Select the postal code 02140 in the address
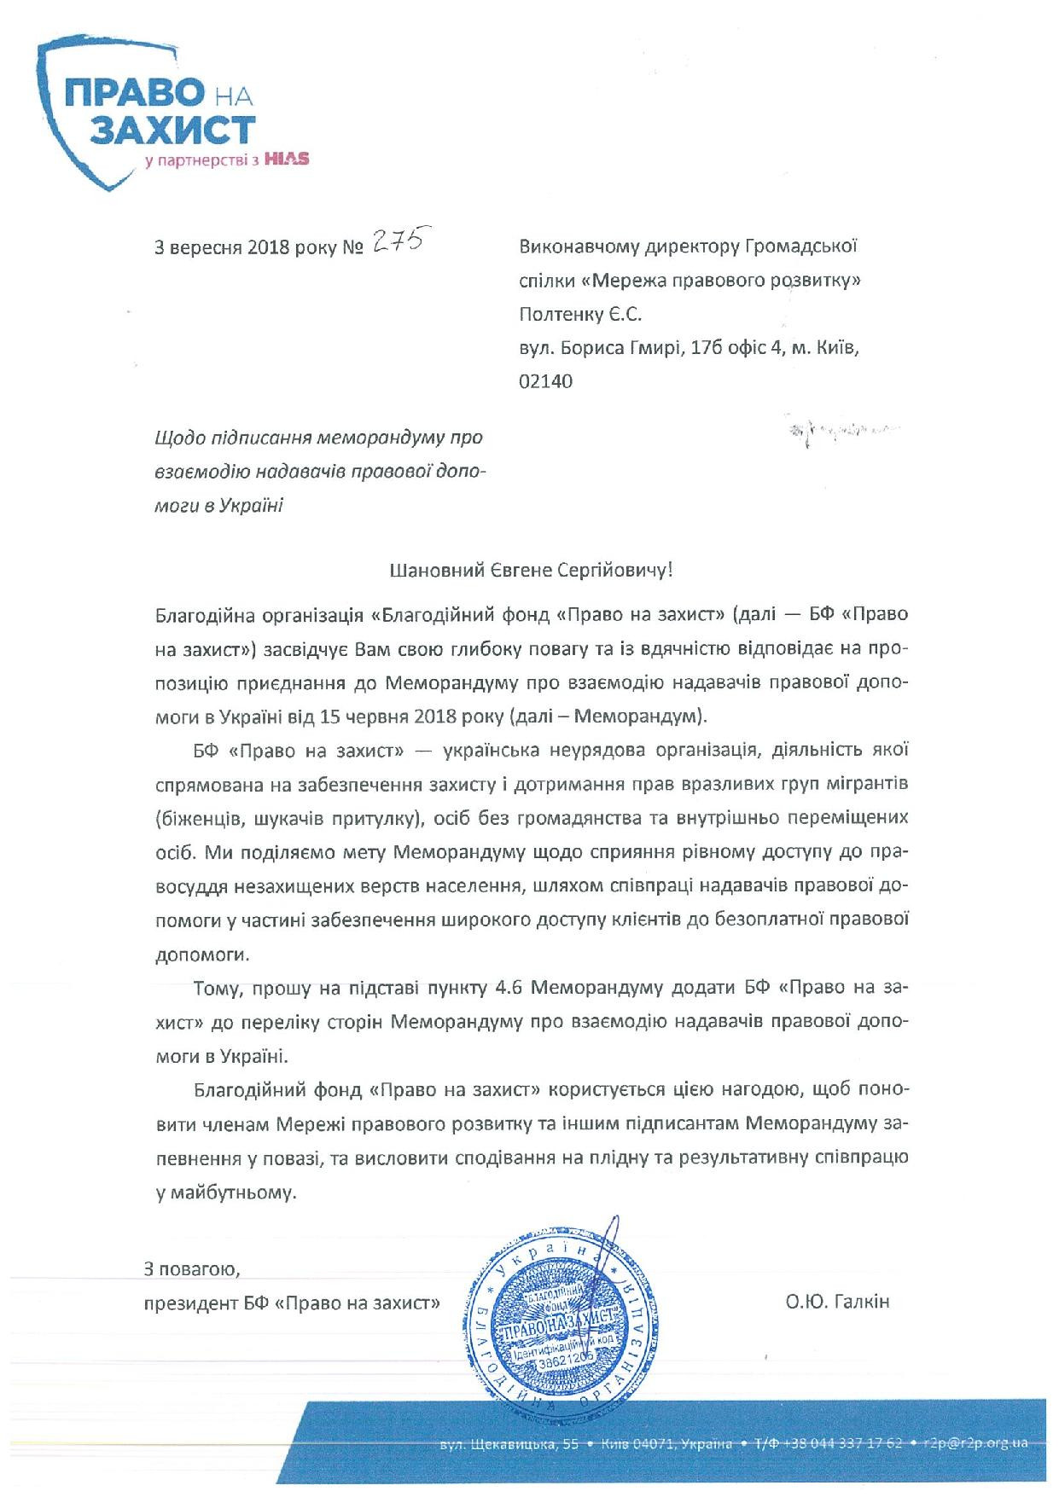545,381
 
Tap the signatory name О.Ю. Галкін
838,1302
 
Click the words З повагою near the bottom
192,1269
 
